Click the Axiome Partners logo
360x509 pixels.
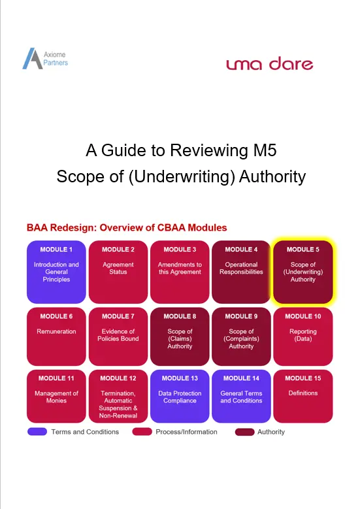45,58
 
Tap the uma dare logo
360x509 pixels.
270,63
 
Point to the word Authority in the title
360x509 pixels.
272,176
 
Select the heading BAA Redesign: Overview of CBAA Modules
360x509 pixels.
127,227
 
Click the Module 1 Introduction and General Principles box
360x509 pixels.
56,272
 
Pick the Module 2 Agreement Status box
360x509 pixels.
118,272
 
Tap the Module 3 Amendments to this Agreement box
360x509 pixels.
180,272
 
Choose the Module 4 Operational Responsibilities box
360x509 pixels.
241,272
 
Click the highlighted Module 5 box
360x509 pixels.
303,272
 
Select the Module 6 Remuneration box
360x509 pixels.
56,337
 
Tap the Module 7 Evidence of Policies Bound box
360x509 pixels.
118,337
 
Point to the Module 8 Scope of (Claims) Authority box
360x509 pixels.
180,337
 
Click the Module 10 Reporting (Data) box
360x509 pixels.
303,337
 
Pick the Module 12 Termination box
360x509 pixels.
118,397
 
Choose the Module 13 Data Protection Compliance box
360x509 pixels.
180,397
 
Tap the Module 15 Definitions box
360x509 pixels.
303,397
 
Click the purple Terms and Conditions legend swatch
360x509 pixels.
37,432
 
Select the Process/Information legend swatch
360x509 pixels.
142,432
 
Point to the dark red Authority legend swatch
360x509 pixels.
245,432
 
